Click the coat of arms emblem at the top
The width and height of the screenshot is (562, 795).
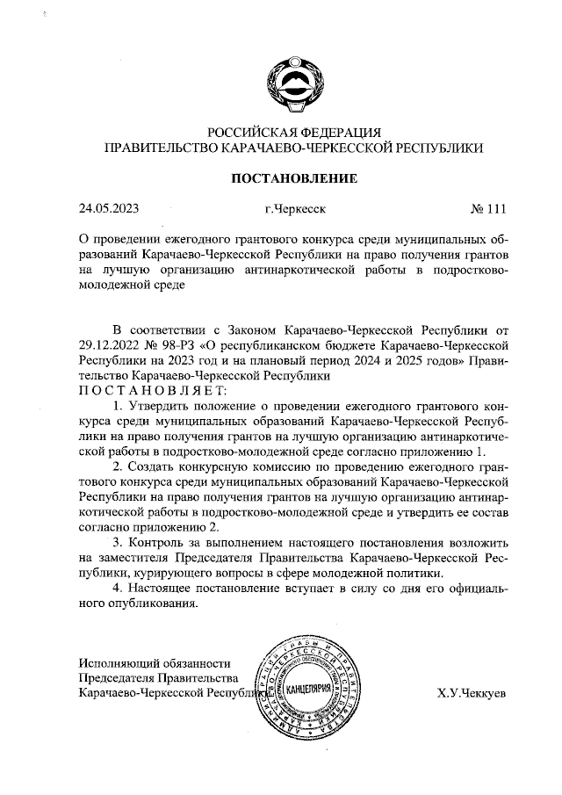click(x=293, y=80)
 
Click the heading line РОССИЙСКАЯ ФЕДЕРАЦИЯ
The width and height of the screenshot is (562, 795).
click(x=293, y=132)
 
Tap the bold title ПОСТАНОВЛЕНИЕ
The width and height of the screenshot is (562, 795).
click(x=293, y=178)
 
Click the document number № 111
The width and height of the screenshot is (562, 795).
click(x=489, y=209)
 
